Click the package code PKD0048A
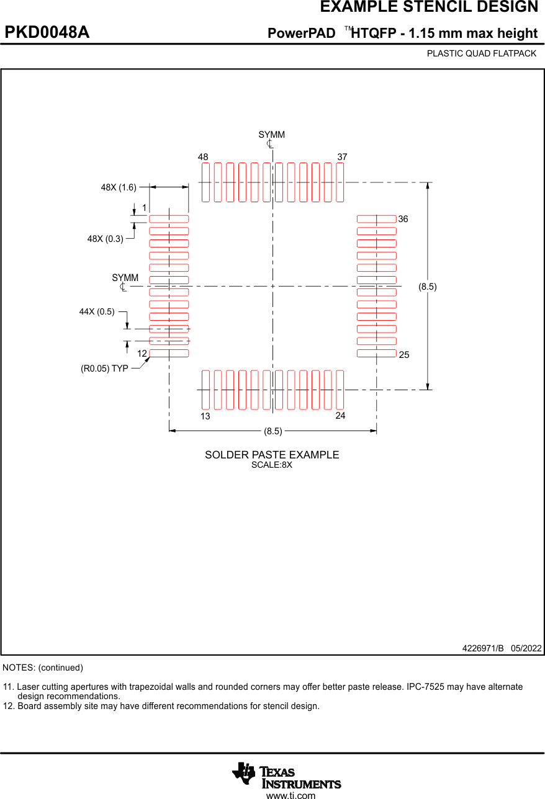click(x=47, y=33)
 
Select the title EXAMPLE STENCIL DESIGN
click(x=429, y=7)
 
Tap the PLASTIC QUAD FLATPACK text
click(x=481, y=53)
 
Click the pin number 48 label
click(x=203, y=158)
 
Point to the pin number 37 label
click(x=342, y=158)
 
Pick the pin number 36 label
click(x=403, y=220)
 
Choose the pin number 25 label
click(x=404, y=355)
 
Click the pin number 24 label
click(x=340, y=416)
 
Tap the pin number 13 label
click(x=205, y=416)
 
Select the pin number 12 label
click(x=142, y=354)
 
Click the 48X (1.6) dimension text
click(x=119, y=187)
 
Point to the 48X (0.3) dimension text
click(x=105, y=238)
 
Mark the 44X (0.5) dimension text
click(x=97, y=311)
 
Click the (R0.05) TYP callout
click(x=104, y=368)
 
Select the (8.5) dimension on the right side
click(x=427, y=287)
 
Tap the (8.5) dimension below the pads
click(x=273, y=431)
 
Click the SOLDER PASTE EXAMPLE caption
click(x=272, y=455)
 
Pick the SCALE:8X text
click(x=271, y=465)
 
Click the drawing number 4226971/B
click(x=483, y=648)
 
